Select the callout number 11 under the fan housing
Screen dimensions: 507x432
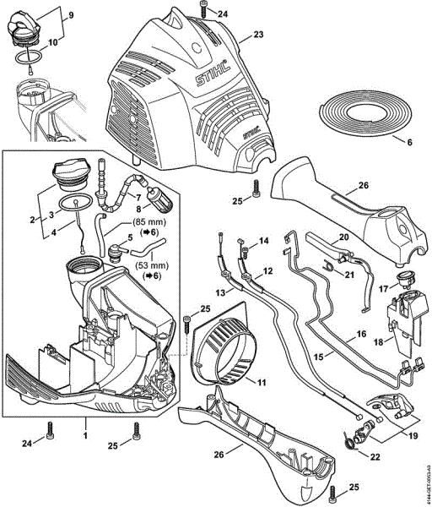point(262,383)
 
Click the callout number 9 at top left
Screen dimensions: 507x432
point(70,15)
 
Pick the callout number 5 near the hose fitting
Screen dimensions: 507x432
point(129,240)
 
